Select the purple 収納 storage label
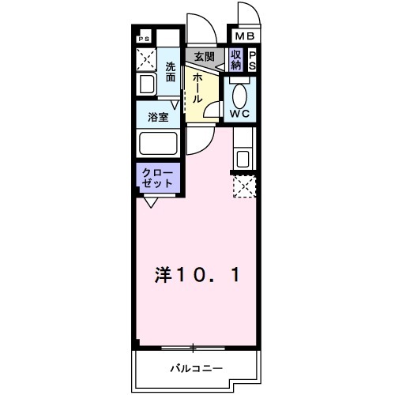click(x=236, y=60)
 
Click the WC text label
click(x=239, y=114)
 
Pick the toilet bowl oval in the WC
click(x=239, y=94)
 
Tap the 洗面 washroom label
click(x=171, y=73)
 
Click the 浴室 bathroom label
click(x=158, y=117)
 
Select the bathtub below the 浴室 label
click(x=158, y=145)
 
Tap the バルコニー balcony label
click(x=197, y=368)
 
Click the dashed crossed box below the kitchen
click(x=244, y=187)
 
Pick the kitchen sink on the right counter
click(x=243, y=157)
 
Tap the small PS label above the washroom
click(x=144, y=38)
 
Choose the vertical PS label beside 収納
click(x=253, y=60)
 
